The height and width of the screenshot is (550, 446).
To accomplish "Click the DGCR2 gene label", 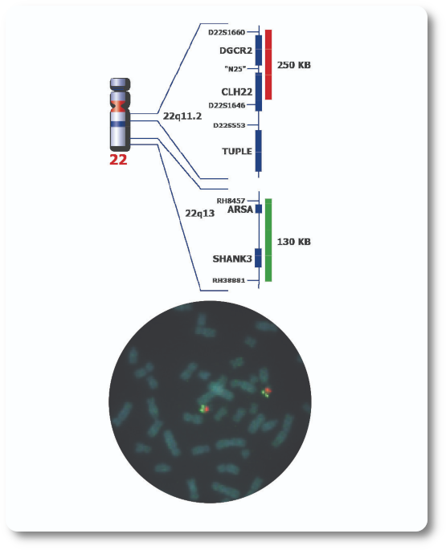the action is pos(235,51).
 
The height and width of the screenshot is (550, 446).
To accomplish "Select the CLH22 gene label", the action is pos(237,92).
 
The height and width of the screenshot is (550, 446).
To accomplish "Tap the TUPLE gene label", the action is pos(237,151).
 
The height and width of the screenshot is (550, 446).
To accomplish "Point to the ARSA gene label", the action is pos(240,210).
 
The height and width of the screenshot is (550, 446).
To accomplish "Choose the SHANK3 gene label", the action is pos(232,259).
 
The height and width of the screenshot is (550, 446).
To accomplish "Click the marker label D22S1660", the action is pos(227,33).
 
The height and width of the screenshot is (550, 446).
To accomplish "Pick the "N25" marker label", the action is pos(235,69).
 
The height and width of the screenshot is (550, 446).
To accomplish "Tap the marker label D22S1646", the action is pos(227,105).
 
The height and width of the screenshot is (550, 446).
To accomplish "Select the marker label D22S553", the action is pos(229,125).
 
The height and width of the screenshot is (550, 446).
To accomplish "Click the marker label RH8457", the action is pos(231,201).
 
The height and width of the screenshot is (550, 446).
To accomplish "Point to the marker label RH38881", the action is pos(228,280).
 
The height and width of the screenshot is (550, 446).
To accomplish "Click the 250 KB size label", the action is pos(294,65).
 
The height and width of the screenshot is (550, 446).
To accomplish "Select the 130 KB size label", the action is pos(294,242).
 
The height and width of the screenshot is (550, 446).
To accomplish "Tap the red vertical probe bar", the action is pos(268,64).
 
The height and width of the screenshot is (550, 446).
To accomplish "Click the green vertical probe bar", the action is pos(268,240).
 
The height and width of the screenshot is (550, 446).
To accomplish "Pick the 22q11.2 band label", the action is pos(182,116).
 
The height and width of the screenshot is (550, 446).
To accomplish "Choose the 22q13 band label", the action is pos(200,214).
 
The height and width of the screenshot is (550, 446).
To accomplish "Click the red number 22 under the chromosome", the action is pos(118,160).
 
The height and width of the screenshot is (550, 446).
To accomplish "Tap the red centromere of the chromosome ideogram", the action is pos(120,106).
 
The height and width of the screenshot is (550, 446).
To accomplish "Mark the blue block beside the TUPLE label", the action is pos(259,151).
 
